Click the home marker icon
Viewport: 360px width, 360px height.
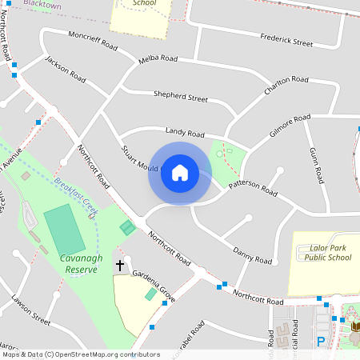click(x=180, y=173)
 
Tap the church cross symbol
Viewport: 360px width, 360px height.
click(x=120, y=264)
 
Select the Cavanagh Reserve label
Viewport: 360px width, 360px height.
click(x=78, y=264)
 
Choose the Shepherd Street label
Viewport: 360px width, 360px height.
click(x=180, y=97)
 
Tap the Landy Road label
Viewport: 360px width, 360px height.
click(x=185, y=132)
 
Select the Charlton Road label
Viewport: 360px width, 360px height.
click(x=286, y=86)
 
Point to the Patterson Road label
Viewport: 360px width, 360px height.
click(x=253, y=188)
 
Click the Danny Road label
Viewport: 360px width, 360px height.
click(x=248, y=254)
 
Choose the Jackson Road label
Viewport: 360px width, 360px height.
click(x=66, y=70)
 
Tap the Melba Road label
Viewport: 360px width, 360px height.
click(x=158, y=58)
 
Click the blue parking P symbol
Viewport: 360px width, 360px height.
click(x=321, y=342)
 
